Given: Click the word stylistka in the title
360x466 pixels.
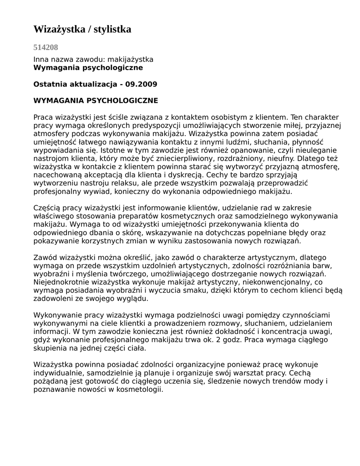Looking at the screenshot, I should pos(112,30).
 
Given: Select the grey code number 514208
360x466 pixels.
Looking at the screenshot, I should pos(46,47).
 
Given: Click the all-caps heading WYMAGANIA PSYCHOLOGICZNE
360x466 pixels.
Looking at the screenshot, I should pos(96,100).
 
